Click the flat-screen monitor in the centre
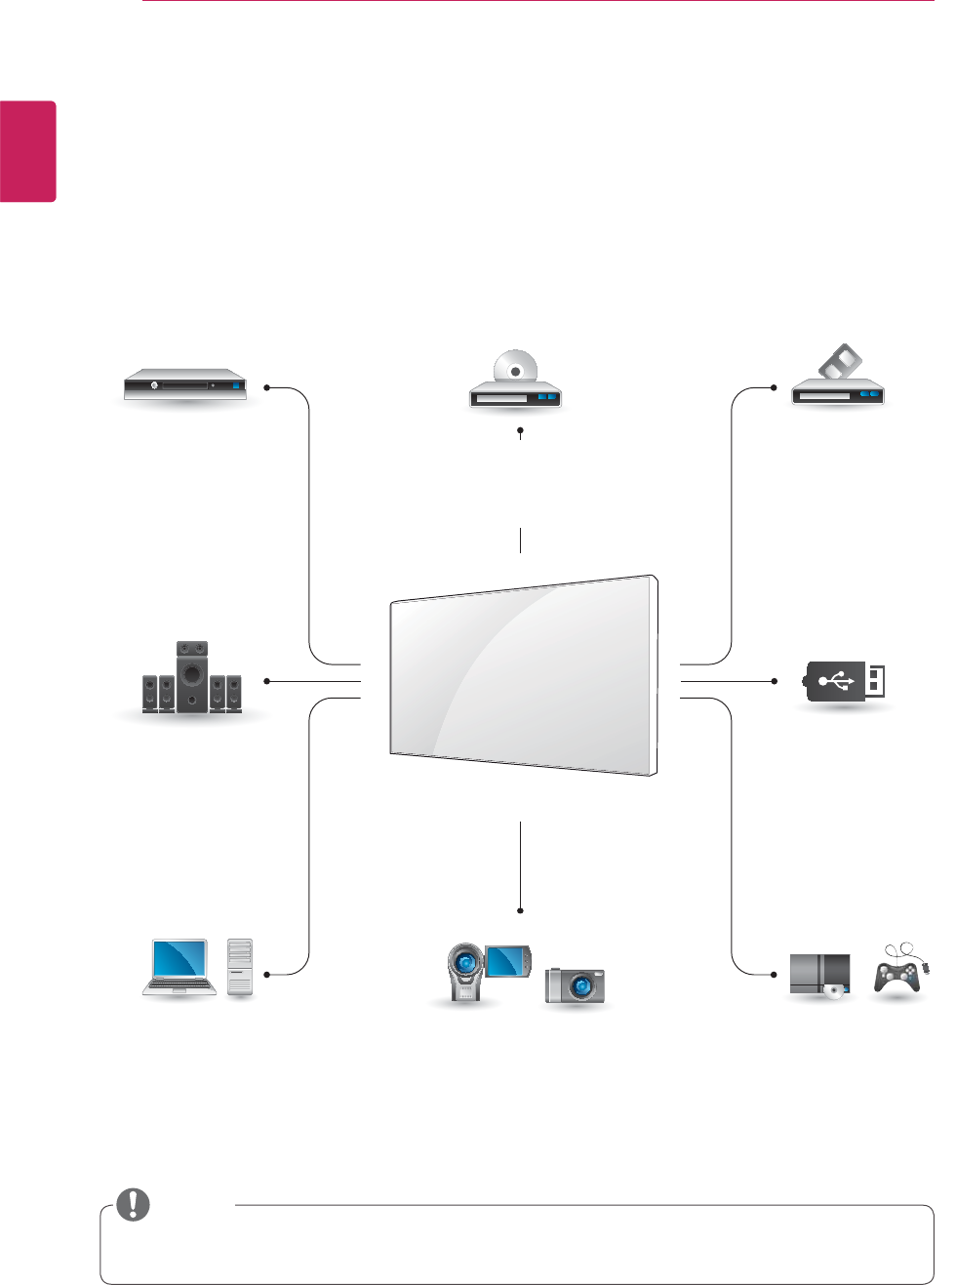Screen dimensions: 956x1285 point(523,675)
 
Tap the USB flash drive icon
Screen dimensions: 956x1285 point(846,680)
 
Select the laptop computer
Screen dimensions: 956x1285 point(179,967)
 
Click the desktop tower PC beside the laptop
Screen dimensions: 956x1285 point(240,966)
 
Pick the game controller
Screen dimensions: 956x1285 point(898,973)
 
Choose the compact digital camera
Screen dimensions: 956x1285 point(576,984)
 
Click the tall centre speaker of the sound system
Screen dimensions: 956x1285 point(192,675)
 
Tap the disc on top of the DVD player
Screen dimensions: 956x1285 point(514,369)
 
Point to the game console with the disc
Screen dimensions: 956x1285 point(819,975)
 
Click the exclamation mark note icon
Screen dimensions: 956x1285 point(133,1205)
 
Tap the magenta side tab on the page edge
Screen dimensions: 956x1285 point(27,151)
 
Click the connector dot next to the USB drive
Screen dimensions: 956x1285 point(774,681)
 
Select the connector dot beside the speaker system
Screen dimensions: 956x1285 point(266,681)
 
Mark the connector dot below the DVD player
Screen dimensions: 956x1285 point(521,429)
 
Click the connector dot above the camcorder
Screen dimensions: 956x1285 point(521,910)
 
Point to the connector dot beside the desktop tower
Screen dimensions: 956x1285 point(266,974)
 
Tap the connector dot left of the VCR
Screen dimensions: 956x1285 point(774,387)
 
